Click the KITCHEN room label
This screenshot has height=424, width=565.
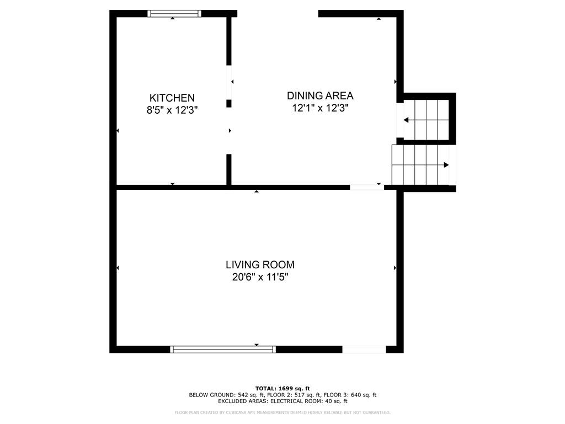(172, 98)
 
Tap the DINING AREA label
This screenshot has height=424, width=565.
(320, 96)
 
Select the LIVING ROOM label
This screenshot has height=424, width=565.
(260, 264)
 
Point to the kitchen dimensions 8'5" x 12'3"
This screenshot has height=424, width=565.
(172, 110)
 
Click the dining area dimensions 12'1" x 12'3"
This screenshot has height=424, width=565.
(320, 108)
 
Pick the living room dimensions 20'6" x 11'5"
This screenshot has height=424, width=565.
(260, 277)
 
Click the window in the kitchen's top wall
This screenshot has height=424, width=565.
(174, 14)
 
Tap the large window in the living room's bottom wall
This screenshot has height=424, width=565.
(223, 349)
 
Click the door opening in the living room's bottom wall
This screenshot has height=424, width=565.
(364, 349)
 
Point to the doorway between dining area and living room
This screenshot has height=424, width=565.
(367, 187)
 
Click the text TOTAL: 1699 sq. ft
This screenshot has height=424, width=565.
(282, 388)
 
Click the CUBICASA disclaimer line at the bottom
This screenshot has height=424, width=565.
(282, 412)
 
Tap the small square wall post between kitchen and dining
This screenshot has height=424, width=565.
(229, 103)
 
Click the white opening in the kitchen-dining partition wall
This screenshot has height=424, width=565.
(229, 82)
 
